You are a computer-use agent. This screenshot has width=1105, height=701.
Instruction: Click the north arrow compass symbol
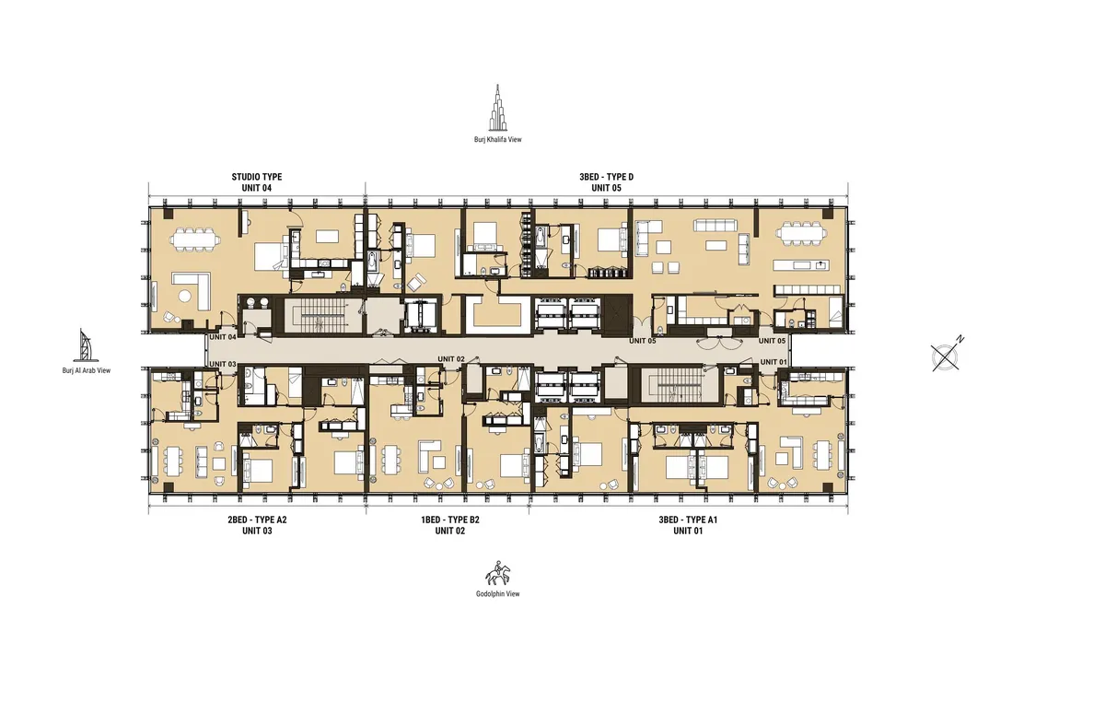click(x=947, y=356)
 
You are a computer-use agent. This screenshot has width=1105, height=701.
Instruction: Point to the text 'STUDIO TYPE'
click(x=257, y=176)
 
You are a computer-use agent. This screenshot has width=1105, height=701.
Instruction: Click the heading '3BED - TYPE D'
click(x=607, y=176)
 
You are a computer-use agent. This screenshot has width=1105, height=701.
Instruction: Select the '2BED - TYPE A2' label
click(x=257, y=520)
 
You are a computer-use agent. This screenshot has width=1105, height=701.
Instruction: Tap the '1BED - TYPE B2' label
click(x=450, y=520)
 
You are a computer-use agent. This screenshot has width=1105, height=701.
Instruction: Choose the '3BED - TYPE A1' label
click(x=688, y=520)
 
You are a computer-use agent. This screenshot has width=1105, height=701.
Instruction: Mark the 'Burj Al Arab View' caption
click(x=85, y=370)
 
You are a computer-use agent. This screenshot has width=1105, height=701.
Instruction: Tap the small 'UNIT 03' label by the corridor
click(x=223, y=365)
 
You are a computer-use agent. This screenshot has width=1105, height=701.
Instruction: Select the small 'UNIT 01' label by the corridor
click(x=773, y=362)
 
